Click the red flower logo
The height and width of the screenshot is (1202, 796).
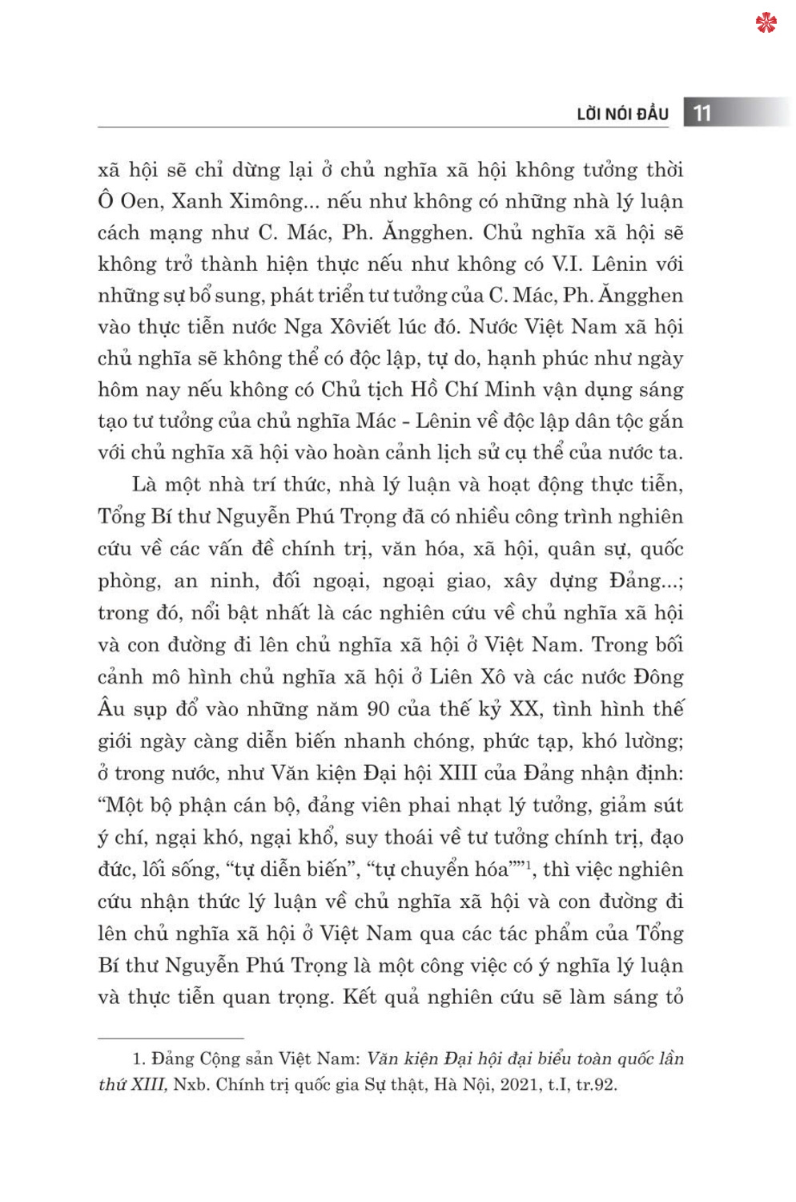pos(766,22)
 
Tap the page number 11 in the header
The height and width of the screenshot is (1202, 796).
pos(702,113)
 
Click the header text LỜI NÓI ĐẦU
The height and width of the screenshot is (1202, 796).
pos(622,114)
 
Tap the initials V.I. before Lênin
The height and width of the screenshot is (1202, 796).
pos(568,264)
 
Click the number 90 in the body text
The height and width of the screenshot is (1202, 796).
pos(378,709)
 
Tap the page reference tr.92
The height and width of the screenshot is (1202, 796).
pos(597,1085)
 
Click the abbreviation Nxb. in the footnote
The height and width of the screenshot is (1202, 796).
pos(191,1085)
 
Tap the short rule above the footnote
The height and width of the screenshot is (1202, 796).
pos(171,1038)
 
